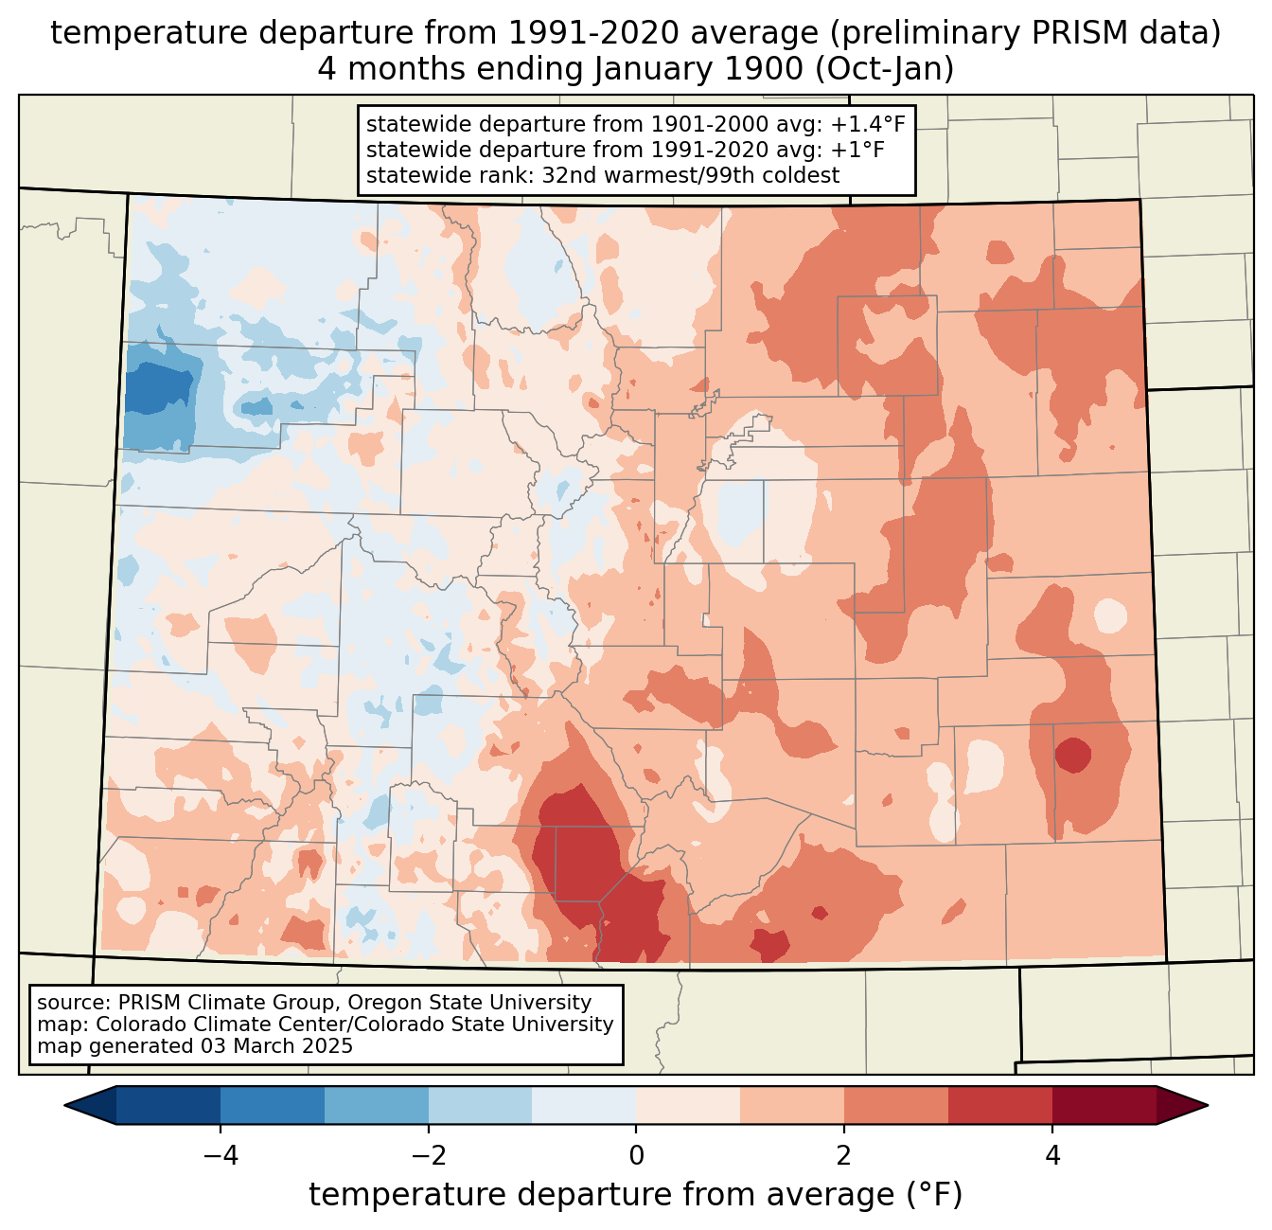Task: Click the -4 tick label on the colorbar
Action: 221,1156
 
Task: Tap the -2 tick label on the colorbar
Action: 428,1156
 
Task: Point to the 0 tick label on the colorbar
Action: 636,1156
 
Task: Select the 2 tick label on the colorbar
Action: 844,1156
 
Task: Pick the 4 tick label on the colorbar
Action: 1052,1156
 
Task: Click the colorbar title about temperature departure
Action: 635,1195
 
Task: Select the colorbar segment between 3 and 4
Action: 1000,1105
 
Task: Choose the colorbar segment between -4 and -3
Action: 273,1105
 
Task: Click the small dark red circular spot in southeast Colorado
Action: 1073,756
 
